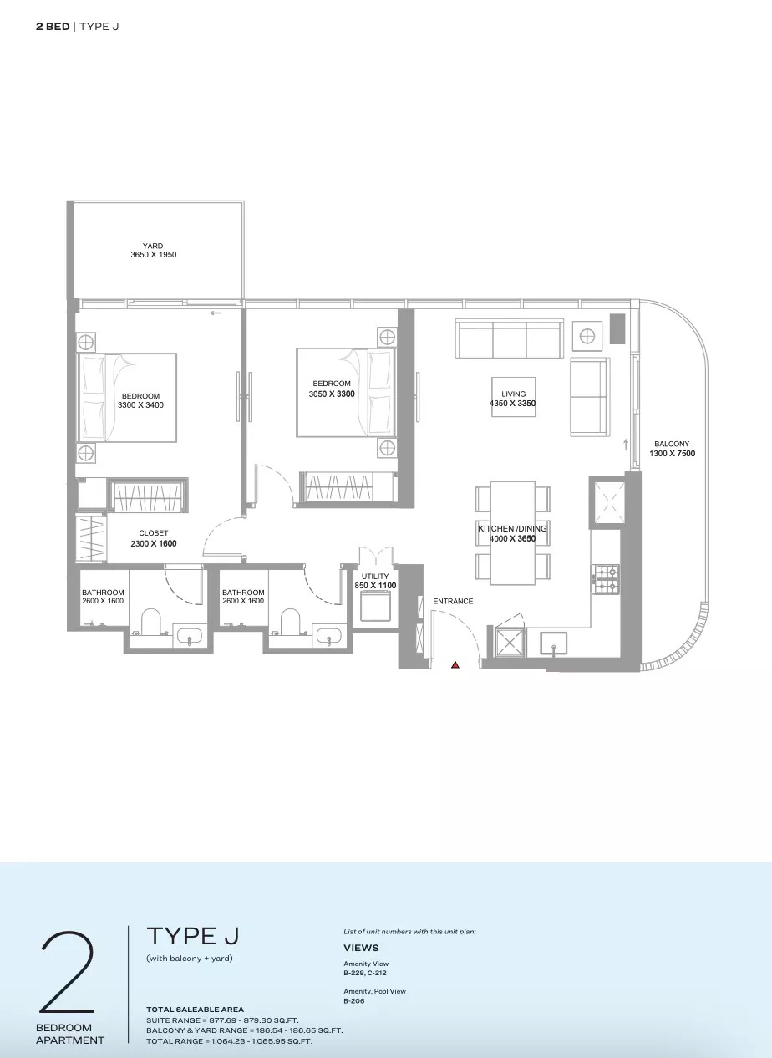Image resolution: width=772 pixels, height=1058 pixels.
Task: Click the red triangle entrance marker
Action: [x=455, y=665]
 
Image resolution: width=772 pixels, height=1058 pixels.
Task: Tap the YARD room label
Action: [x=153, y=246]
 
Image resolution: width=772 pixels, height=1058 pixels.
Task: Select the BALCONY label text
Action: [x=672, y=445]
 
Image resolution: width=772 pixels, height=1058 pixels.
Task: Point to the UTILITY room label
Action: [x=375, y=577]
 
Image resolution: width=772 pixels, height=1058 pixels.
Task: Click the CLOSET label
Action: [x=154, y=533]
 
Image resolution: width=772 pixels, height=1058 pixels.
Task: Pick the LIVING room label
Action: [x=513, y=394]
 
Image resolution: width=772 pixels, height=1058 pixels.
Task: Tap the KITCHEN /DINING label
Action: [x=511, y=529]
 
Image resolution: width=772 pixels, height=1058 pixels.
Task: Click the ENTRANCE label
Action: [x=453, y=601]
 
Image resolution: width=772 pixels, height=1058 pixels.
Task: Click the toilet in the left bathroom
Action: [x=151, y=623]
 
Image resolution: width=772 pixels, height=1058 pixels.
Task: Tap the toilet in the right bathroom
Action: [x=291, y=623]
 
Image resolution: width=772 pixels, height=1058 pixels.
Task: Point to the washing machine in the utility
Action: [x=375, y=607]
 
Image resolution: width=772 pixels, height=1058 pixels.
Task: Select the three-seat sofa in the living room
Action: [x=508, y=338]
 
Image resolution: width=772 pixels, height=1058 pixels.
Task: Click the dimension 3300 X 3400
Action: [x=140, y=405]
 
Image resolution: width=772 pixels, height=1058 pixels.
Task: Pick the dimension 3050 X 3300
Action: [x=332, y=393]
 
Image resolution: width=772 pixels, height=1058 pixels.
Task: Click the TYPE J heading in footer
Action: [x=193, y=936]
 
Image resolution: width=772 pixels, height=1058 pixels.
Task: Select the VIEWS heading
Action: [x=361, y=948]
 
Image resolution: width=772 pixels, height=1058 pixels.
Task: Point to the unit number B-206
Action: [x=354, y=1000]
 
